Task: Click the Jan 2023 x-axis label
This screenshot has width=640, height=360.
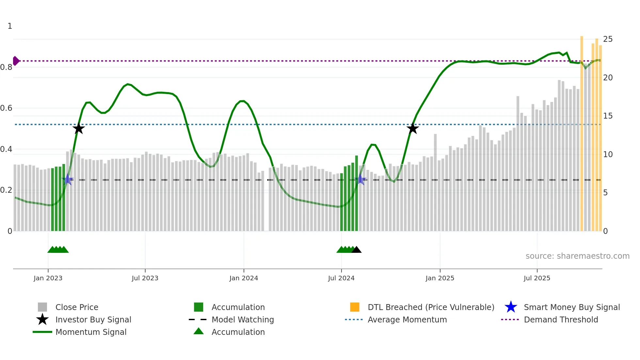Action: pyautogui.click(x=48, y=278)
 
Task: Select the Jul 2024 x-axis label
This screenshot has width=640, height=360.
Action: pyautogui.click(x=341, y=278)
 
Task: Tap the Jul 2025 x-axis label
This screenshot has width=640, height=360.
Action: pyautogui.click(x=537, y=278)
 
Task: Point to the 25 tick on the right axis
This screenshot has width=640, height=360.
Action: pyautogui.click(x=608, y=39)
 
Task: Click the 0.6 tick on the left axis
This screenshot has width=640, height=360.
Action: pyautogui.click(x=7, y=108)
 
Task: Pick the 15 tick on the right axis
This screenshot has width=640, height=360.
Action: pyautogui.click(x=608, y=116)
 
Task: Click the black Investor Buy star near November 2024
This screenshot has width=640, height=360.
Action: pyautogui.click(x=413, y=128)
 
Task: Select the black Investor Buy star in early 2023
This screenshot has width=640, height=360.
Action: pyautogui.click(x=78, y=128)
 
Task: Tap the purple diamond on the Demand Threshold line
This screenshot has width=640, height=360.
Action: pyautogui.click(x=16, y=61)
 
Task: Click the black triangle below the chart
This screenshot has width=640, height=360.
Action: pyautogui.click(x=356, y=250)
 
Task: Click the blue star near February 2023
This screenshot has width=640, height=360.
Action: pyautogui.click(x=68, y=179)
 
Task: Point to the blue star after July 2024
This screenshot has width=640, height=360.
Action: pyautogui.click(x=360, y=179)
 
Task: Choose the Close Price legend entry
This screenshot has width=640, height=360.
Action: pyautogui.click(x=77, y=307)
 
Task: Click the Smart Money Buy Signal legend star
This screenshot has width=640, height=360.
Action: pyautogui.click(x=511, y=307)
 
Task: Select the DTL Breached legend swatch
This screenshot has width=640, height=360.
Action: pyautogui.click(x=355, y=307)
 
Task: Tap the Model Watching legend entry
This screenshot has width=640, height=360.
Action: pyautogui.click(x=243, y=319)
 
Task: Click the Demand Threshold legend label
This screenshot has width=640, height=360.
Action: pyautogui.click(x=561, y=319)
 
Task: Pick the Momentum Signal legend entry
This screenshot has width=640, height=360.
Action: pyautogui.click(x=91, y=332)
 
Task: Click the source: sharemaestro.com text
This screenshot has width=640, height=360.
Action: pyautogui.click(x=577, y=256)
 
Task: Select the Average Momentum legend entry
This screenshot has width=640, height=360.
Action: pyautogui.click(x=407, y=319)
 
